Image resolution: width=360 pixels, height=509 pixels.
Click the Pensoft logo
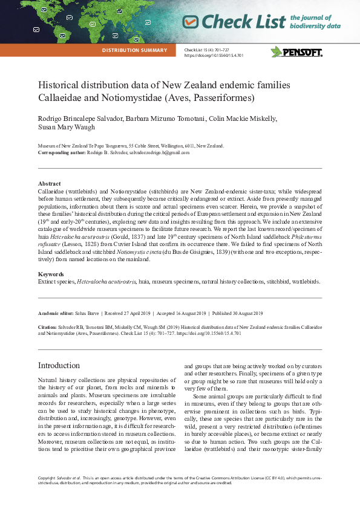coord(296,52)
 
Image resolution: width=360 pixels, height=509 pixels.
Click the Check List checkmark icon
coord(191,22)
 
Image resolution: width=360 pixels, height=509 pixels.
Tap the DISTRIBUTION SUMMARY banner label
coord(138,50)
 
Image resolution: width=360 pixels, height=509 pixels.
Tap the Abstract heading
coord(49,183)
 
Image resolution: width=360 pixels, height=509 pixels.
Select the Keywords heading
coord(52,274)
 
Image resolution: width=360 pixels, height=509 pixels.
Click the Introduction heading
coord(59,365)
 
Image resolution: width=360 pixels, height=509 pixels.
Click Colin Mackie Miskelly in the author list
coord(241,118)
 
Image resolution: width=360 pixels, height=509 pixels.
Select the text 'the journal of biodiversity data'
coord(315,22)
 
